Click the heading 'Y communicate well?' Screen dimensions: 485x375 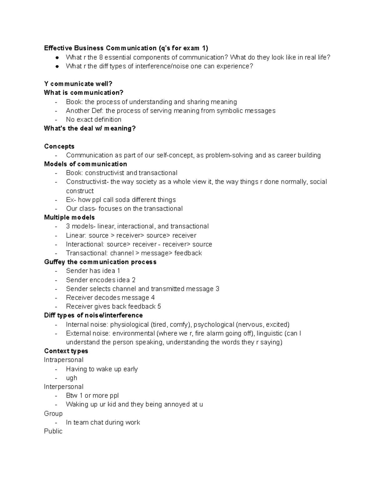(78, 84)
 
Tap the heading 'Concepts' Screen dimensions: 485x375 (59, 146)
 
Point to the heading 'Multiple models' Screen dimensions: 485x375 (69, 217)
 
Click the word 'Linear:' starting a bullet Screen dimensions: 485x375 (76, 235)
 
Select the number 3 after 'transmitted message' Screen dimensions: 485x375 (217, 289)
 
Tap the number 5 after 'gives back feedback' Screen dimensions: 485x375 (159, 306)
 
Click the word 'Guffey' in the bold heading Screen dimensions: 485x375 (55, 262)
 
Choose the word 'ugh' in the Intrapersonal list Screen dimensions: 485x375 (72, 378)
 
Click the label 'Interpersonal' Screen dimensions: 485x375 (63, 387)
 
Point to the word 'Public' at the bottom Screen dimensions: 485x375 (53, 431)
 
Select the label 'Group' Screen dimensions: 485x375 (53, 413)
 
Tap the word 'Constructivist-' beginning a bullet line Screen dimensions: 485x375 (87, 182)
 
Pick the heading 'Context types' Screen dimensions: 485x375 (66, 351)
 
